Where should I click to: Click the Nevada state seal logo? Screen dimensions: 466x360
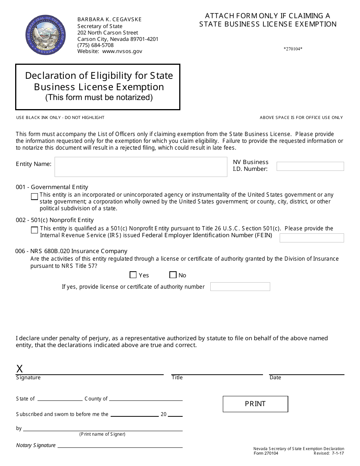45,35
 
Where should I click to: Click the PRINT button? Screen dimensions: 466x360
255,404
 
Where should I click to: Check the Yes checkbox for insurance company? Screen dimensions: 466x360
133,275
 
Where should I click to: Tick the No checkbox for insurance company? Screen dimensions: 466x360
173,275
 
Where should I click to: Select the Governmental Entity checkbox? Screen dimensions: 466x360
34,196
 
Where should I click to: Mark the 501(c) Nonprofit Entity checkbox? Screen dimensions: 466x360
34,230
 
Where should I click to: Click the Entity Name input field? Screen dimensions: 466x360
141,167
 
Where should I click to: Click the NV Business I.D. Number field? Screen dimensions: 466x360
310,166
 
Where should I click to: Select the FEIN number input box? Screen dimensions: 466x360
311,238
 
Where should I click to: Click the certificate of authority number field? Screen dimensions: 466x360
240,287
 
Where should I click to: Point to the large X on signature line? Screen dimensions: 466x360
20,369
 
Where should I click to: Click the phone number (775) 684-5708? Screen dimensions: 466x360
95,45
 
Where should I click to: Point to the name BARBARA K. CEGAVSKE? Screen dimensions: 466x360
110,19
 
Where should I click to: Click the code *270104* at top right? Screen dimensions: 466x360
293,49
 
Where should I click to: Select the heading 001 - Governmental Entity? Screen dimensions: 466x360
52,187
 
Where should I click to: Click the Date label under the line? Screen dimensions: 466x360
275,378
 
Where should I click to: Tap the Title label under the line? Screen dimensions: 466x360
177,378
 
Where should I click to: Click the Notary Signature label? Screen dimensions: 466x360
36,446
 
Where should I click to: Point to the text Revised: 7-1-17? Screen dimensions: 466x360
329,453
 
